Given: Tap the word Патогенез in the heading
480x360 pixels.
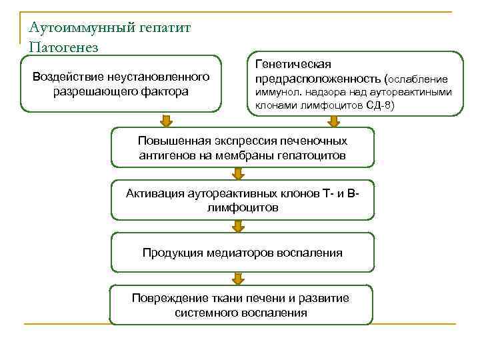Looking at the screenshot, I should click(64, 47).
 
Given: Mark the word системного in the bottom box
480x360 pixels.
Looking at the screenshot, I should click(203, 312).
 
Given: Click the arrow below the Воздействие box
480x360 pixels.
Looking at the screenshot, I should click(167, 121).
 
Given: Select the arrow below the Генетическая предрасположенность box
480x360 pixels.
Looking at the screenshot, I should click(334, 121).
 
